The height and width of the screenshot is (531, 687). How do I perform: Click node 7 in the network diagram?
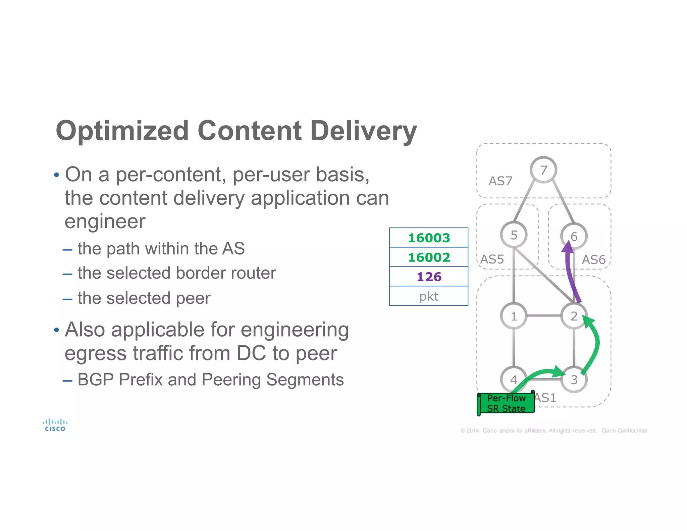click(x=543, y=170)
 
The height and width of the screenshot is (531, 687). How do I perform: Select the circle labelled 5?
click(x=514, y=235)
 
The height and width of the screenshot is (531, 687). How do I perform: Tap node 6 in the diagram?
click(x=574, y=236)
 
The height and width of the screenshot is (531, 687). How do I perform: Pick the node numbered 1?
click(x=514, y=316)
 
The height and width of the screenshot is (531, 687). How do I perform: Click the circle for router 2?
click(x=574, y=316)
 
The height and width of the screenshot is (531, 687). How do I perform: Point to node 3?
click(x=574, y=380)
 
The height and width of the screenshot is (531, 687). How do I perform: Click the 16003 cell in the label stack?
click(x=429, y=238)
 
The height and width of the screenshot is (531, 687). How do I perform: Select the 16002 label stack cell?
click(x=429, y=257)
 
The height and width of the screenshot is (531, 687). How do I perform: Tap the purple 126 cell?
click(x=429, y=277)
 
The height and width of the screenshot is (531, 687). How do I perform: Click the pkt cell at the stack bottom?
click(x=429, y=296)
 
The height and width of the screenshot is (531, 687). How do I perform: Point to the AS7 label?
click(x=500, y=181)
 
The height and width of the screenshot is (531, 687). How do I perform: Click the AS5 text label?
click(x=492, y=259)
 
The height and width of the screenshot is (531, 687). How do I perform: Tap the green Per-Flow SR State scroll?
click(x=506, y=403)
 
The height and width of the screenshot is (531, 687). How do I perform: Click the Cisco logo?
click(x=55, y=425)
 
